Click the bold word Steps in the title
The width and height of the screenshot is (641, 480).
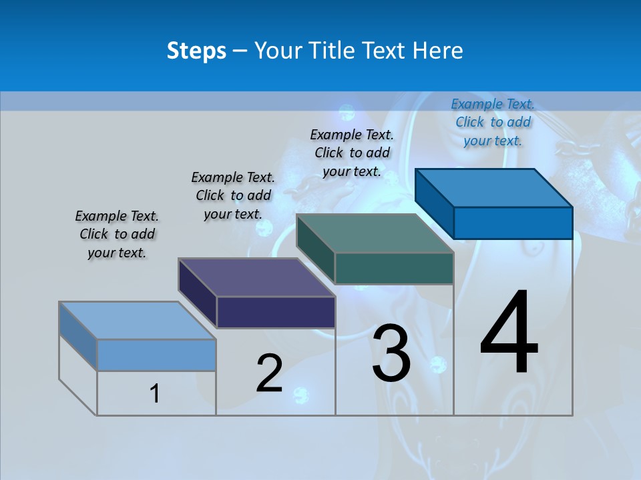196,51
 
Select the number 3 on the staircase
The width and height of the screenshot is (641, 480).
391,353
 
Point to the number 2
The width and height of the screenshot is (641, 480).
270,373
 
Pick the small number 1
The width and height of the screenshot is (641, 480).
155,393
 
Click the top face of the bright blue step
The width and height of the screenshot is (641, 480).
494,187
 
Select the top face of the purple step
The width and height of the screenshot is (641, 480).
257,277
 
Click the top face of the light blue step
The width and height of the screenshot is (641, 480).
138,321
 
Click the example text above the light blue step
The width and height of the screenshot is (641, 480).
117,234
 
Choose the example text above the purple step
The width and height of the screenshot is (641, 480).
233,195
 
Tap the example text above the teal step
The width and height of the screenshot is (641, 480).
352,153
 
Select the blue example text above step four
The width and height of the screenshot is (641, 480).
493,122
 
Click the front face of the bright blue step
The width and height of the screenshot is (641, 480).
513,223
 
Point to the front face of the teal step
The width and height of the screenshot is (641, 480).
394,268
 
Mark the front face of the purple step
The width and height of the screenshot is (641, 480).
276,312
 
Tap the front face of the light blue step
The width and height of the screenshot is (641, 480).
156,355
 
